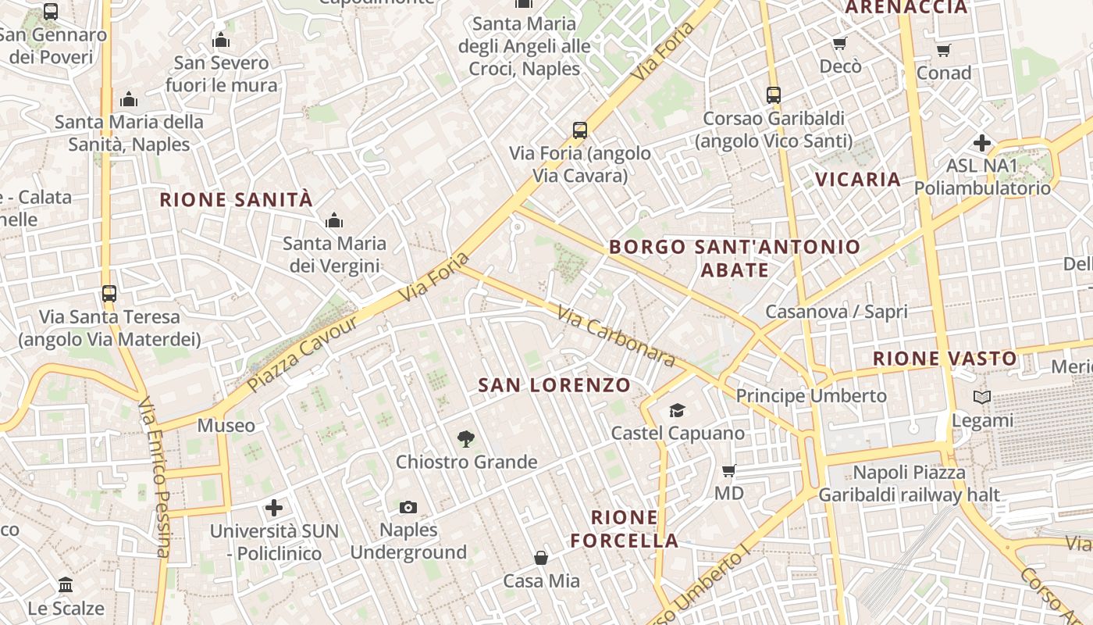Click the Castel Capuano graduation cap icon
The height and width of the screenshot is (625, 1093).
tap(677, 410)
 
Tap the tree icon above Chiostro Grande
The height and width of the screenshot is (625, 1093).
tap(466, 439)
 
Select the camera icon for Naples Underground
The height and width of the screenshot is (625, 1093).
tap(408, 508)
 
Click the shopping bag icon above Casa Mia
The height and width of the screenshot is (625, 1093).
tap(541, 558)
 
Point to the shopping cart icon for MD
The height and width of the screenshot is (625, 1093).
tap(729, 470)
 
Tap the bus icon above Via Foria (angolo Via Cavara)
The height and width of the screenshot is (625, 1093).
tap(579, 130)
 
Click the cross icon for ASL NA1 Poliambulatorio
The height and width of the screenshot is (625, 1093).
tap(982, 143)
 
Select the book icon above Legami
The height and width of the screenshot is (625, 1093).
tap(982, 398)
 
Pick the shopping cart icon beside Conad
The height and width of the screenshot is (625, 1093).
tap(943, 51)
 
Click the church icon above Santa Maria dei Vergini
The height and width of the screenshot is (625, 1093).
tap(334, 221)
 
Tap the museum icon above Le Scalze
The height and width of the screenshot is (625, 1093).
tap(66, 585)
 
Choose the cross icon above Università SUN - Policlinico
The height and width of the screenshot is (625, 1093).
tap(274, 509)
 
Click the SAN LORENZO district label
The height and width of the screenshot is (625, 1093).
tap(554, 385)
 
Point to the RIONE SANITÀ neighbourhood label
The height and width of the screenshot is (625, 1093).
tap(236, 200)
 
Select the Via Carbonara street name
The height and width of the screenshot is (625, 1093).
tap(616, 337)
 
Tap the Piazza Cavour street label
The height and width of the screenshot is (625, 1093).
tap(303, 354)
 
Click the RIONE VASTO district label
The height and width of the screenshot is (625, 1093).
tap(945, 359)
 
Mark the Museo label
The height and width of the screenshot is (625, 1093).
tap(226, 426)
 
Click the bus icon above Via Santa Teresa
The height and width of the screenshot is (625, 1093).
tap(109, 295)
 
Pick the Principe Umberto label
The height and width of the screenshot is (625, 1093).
tap(811, 396)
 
